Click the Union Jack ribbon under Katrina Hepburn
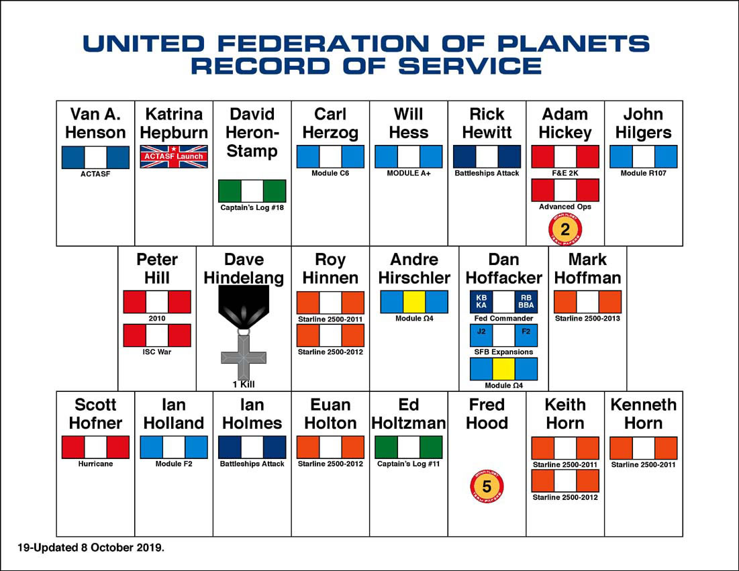point(174,156)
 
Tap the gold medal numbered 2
point(565,229)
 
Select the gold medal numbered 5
point(487,487)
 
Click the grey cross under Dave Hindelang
point(244,356)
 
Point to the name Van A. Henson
point(95,123)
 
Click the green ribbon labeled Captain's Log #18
point(252,191)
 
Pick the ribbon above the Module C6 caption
point(330,156)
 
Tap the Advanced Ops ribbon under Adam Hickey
point(565,191)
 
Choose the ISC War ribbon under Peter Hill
point(157,335)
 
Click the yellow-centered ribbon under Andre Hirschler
point(414,302)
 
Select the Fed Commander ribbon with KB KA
point(503,302)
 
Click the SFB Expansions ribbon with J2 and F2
point(503,335)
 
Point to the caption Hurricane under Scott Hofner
point(95,464)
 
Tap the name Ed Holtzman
point(408,414)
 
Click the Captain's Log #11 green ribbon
point(408,448)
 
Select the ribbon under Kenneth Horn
point(643,448)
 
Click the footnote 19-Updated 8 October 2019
point(91,548)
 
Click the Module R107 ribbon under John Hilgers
point(643,156)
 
